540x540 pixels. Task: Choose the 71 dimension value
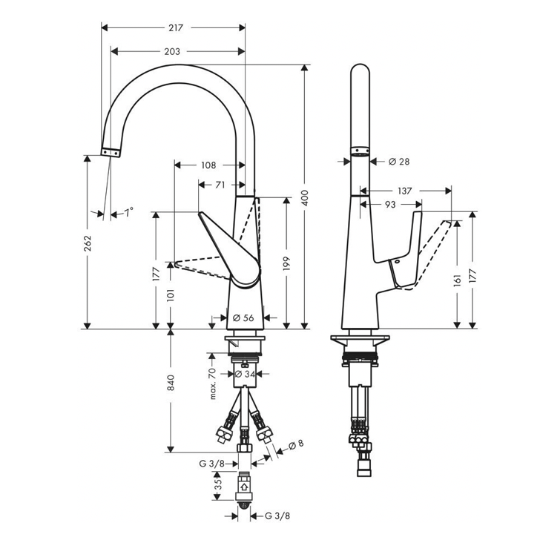(x=220, y=185)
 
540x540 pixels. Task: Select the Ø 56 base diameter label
(x=243, y=317)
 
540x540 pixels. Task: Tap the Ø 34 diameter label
(x=245, y=375)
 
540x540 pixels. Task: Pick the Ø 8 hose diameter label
(x=295, y=445)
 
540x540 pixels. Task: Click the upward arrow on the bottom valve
(x=244, y=489)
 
